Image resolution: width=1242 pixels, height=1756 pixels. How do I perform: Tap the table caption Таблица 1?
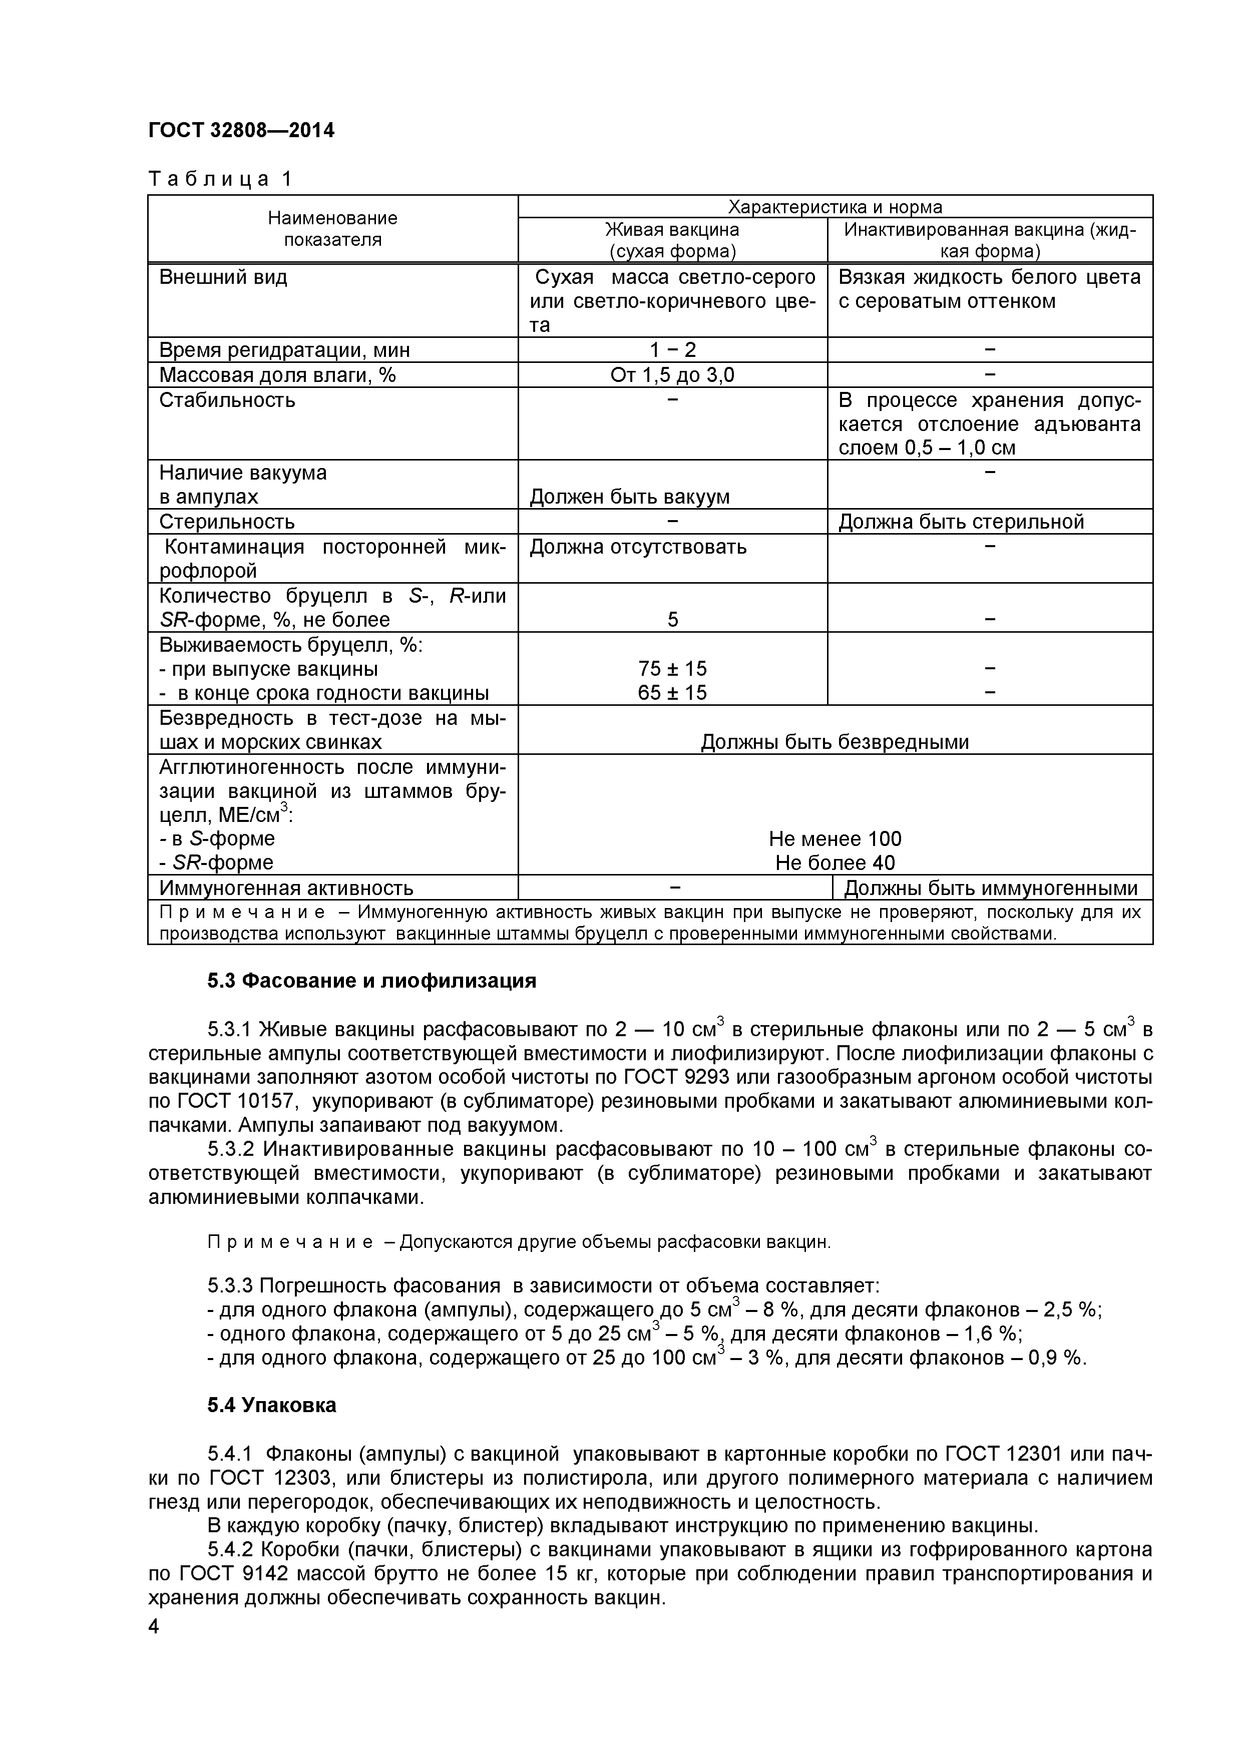(220, 179)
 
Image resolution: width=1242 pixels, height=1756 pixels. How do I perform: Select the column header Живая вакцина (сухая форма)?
(672, 240)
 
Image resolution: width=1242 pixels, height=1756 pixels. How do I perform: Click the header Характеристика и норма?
(835, 207)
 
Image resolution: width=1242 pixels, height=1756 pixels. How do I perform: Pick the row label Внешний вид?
(223, 277)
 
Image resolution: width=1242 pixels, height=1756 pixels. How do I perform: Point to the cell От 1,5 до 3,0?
(672, 375)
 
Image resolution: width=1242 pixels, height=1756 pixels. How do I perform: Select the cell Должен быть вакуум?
(629, 497)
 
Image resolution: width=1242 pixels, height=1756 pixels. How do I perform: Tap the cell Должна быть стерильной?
(961, 522)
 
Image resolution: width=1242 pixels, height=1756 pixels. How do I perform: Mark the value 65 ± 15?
(672, 693)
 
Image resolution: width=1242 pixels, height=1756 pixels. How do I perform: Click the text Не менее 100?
(835, 839)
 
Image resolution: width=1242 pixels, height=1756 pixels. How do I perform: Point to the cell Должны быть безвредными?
(835, 742)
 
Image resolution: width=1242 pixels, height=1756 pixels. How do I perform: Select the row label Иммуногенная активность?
(286, 888)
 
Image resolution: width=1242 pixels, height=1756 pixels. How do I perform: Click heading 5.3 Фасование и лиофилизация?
(371, 981)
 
